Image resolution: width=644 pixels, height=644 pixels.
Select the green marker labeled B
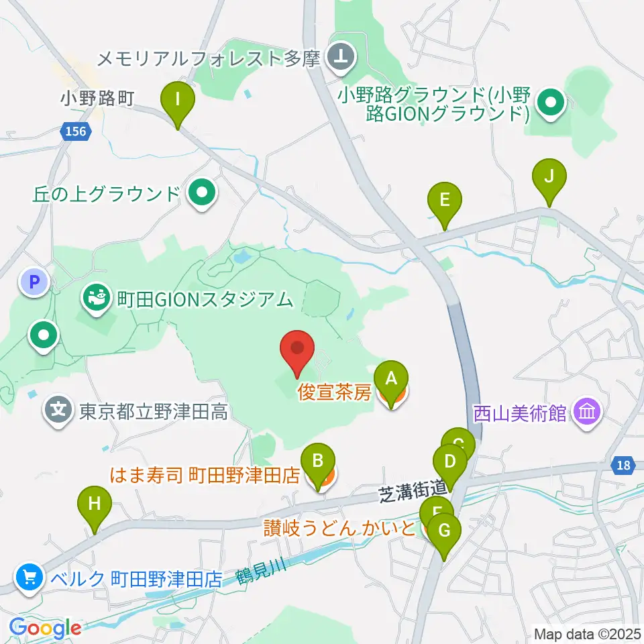point(319,461)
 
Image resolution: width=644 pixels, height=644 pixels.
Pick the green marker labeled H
point(95,503)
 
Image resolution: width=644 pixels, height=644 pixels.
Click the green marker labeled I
point(178,99)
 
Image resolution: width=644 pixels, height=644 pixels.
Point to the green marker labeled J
point(549,177)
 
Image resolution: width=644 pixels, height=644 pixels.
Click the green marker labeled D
point(450,462)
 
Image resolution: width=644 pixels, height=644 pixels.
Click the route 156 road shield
point(76,131)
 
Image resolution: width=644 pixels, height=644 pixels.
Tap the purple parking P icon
point(34,282)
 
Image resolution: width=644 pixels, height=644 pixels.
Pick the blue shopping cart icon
point(29,577)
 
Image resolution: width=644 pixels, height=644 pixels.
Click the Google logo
point(45,628)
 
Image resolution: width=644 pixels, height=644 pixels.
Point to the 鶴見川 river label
point(261,574)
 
